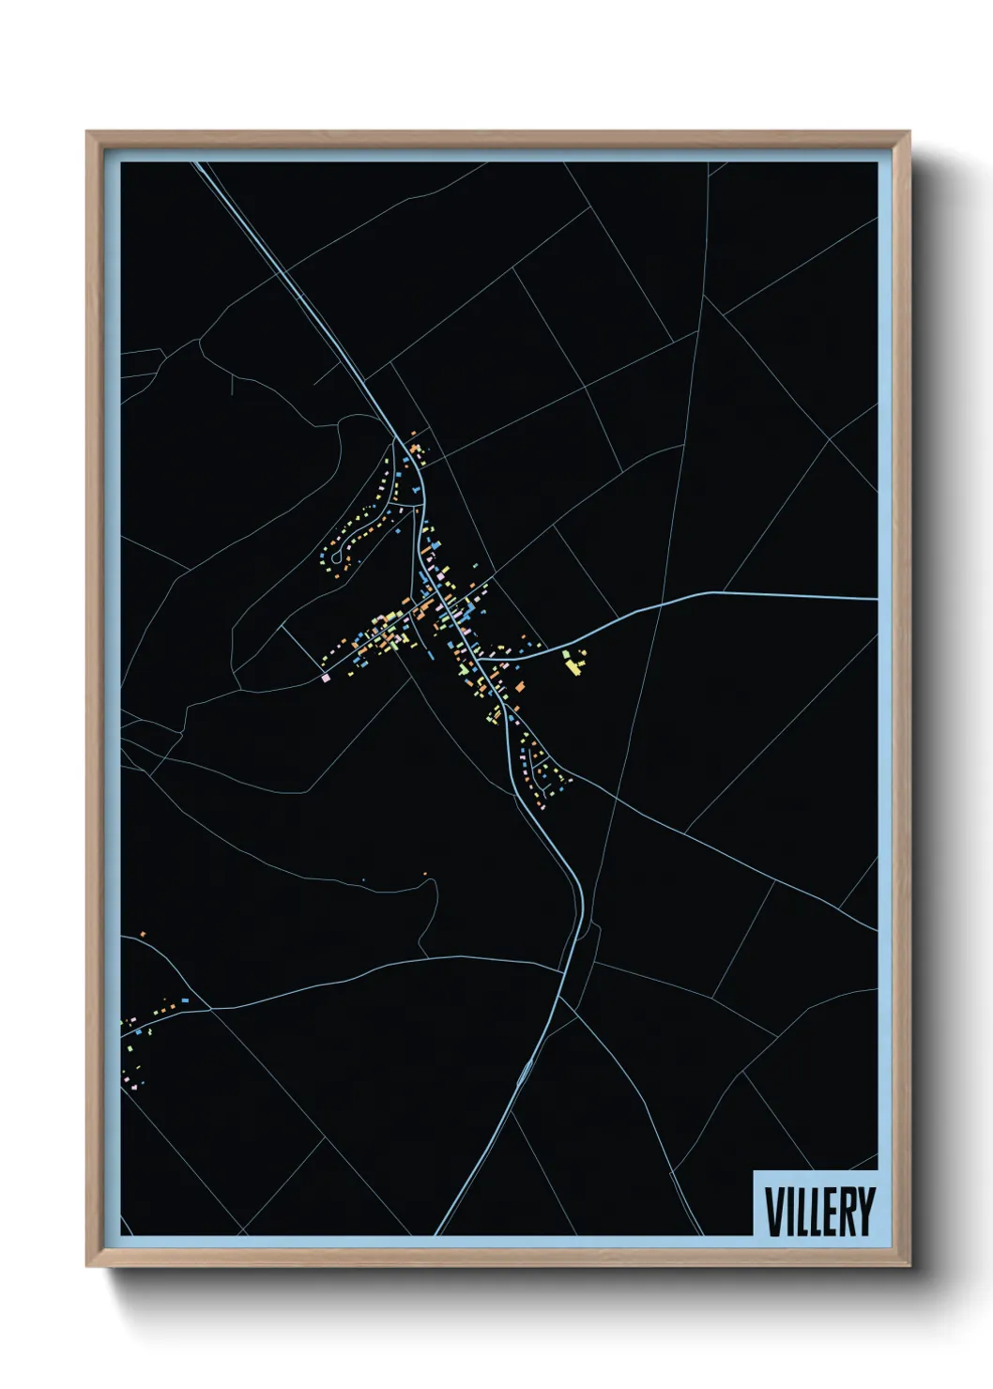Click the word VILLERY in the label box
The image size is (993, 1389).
point(819,1212)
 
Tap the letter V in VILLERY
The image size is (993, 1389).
point(774,1212)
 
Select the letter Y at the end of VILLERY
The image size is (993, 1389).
point(864,1212)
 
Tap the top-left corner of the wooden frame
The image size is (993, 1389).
point(88,132)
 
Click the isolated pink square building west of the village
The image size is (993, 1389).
point(325,676)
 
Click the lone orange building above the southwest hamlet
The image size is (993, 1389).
point(142,934)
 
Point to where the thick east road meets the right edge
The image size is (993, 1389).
point(877,598)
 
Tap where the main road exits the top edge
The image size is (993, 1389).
point(198,163)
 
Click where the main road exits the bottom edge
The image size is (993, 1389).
point(438,1233)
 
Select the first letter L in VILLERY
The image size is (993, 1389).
point(802,1212)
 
